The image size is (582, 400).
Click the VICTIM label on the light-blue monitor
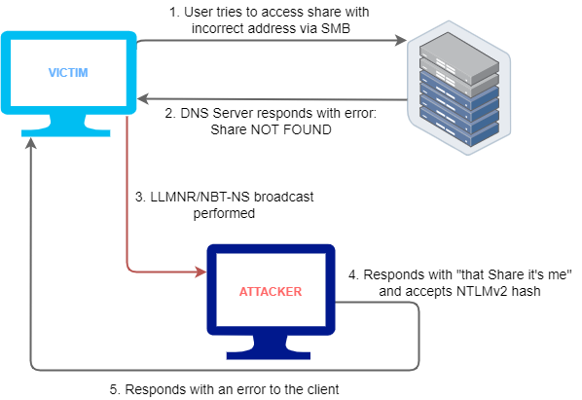tap(68, 72)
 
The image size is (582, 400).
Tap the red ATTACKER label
tap(271, 292)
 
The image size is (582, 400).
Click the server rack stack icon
tap(459, 88)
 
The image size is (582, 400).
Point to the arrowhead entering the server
tap(401, 40)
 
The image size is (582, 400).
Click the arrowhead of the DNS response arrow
tap(143, 99)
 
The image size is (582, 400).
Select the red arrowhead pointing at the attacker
tap(201, 273)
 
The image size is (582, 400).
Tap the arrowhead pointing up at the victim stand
tap(31, 143)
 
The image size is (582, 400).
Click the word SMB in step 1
tap(336, 28)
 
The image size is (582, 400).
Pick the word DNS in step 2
tap(195, 113)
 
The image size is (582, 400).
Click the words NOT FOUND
tap(291, 129)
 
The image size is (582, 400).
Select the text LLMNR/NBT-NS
tap(200, 197)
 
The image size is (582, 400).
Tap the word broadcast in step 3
tap(284, 197)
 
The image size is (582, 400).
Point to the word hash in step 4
tap(526, 291)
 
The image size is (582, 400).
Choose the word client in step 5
tap(323, 389)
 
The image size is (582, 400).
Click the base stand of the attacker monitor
tap(269, 347)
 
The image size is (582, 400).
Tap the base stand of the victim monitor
tap(66, 126)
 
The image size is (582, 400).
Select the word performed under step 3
tap(224, 214)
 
